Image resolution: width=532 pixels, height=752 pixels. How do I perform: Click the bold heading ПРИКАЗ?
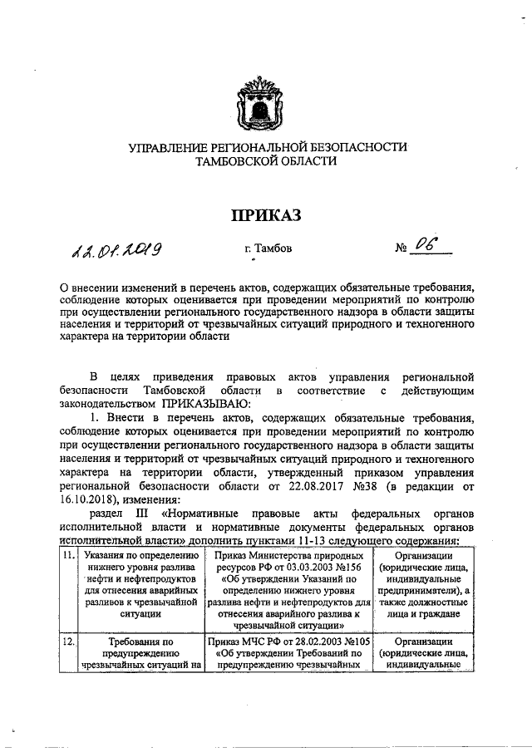[266, 214]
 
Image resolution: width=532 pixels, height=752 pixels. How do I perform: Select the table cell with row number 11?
[68, 554]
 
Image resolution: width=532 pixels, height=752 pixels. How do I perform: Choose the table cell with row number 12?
[68, 642]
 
